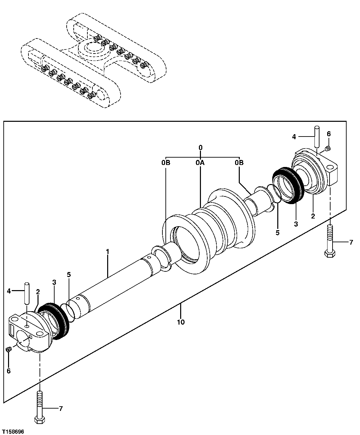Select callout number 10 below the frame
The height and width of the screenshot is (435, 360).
point(181,322)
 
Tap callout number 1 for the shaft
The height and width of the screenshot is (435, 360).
point(107,251)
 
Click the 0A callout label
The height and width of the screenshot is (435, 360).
point(200,163)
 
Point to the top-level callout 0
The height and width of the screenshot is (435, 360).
point(200,148)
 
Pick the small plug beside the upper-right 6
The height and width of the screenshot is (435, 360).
point(328,148)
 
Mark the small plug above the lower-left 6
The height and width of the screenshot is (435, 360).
point(9,349)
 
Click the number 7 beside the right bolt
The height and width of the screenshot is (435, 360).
point(351,243)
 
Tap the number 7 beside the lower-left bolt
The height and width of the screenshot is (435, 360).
point(61,408)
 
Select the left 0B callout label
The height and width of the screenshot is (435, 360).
point(166,163)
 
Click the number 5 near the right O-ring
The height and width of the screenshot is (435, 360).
point(277,233)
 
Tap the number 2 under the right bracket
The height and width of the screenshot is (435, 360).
point(313,216)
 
